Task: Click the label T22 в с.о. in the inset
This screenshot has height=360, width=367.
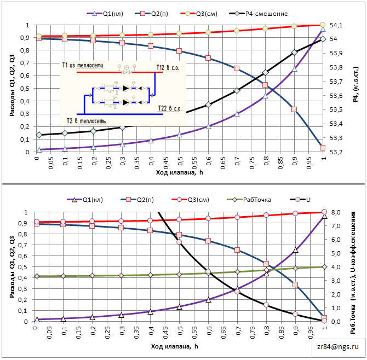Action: pos(169,109)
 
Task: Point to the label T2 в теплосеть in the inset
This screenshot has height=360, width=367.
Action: pos(90,120)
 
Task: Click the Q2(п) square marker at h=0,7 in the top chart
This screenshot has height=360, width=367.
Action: pos(237,68)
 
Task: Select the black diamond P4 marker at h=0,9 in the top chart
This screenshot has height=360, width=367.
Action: pos(294,52)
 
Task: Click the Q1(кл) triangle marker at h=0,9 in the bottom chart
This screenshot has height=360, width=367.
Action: pos(295,250)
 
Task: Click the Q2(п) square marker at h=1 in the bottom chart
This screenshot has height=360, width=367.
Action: pos(324,318)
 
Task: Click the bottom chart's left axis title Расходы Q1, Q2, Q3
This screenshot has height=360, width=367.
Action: pos(12,266)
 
